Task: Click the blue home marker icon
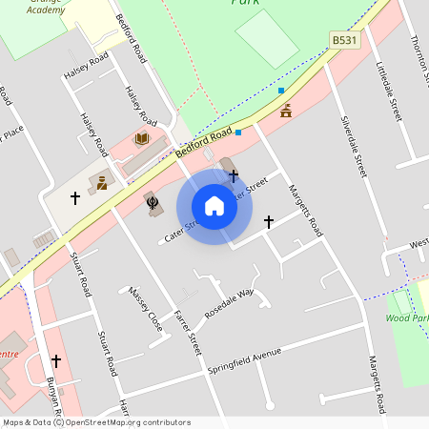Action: pyautogui.click(x=214, y=206)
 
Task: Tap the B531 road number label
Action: pyautogui.click(x=344, y=40)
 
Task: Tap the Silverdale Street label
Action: pyautogui.click(x=354, y=147)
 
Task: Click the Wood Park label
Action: pyautogui.click(x=407, y=318)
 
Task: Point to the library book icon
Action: pyautogui.click(x=142, y=139)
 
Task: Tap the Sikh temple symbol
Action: pyautogui.click(x=152, y=201)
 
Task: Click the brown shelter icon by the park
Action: pyautogui.click(x=286, y=111)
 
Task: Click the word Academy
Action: pyautogui.click(x=46, y=9)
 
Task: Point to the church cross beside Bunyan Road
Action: pyautogui.click(x=56, y=361)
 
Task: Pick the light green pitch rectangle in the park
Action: pyautogui.click(x=268, y=38)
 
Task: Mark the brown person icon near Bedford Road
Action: pyautogui.click(x=101, y=181)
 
